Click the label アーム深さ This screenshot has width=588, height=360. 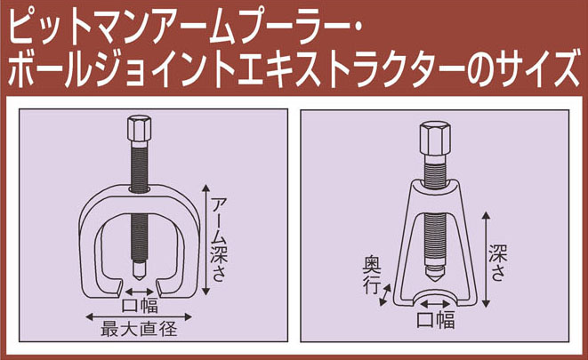[x=220, y=240]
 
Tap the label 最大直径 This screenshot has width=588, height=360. [x=139, y=329]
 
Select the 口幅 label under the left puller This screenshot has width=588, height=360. [x=140, y=306]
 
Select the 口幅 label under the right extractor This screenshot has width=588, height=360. [x=435, y=321]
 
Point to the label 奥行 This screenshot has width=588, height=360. [x=372, y=275]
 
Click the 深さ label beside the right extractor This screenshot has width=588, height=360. [x=498, y=263]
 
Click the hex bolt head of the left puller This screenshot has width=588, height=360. [x=139, y=129]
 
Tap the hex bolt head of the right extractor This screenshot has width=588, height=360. [x=435, y=138]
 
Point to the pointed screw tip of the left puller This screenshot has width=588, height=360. [x=139, y=272]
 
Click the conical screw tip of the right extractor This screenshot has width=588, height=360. [x=435, y=276]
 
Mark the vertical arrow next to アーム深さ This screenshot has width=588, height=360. [x=205, y=240]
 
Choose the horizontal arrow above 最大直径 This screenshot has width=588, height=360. [x=139, y=317]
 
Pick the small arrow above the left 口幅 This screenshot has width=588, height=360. [x=139, y=292]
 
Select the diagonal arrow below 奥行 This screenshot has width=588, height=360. [x=385, y=295]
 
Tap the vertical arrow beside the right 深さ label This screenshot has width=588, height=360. [x=486, y=260]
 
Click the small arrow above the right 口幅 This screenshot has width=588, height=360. [x=435, y=304]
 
